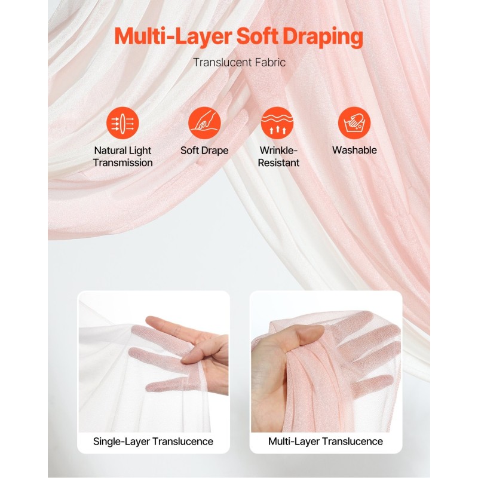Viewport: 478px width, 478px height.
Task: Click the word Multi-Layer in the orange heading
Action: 173,36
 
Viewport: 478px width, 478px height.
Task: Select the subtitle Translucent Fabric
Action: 240,63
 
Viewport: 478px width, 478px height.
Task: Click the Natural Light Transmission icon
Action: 122,123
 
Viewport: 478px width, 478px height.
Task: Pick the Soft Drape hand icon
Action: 204,123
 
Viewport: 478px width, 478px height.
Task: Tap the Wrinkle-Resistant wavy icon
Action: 277,123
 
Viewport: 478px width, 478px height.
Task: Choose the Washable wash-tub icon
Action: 354,123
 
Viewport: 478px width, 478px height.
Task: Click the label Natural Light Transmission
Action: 123,157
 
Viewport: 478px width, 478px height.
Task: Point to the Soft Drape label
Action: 204,151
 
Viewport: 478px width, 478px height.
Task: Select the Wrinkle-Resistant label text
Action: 278,157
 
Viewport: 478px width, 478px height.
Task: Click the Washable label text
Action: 354,150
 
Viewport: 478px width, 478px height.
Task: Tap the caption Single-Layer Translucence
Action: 153,442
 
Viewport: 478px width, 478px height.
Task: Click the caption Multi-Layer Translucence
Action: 326,442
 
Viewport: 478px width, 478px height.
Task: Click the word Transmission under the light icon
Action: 123,163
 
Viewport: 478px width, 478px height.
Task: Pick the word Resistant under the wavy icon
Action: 278,163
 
